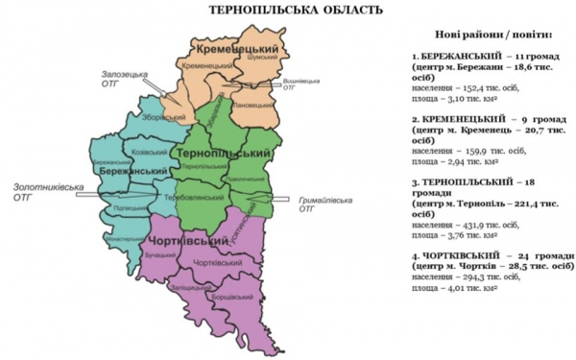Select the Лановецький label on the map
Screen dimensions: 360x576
[x=247, y=104]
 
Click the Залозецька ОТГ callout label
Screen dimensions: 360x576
[x=124, y=77]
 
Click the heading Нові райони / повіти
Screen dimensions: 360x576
[x=488, y=32]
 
